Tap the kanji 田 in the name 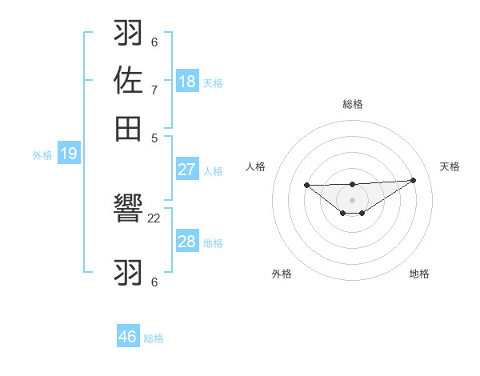click(129, 127)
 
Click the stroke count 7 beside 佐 click(154, 89)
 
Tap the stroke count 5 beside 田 click(154, 137)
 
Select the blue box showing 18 click(187, 81)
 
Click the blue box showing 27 click(187, 170)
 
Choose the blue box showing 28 click(187, 242)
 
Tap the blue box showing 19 click(69, 154)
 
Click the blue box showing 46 click(128, 337)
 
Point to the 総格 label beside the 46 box click(154, 338)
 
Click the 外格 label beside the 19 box click(42, 155)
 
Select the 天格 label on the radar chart click(450, 166)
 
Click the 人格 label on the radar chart click(256, 166)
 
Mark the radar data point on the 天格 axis click(413, 180)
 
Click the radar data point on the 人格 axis click(307, 185)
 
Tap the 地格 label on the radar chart click(419, 274)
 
